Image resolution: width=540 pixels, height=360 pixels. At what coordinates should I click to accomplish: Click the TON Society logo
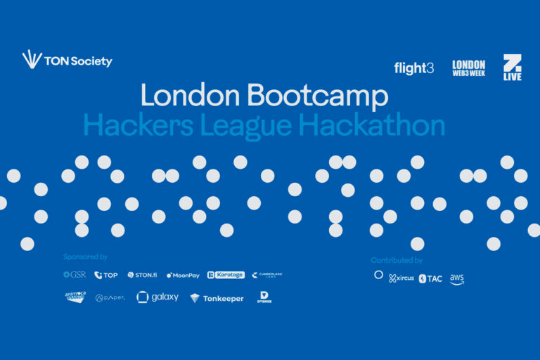[x=67, y=60]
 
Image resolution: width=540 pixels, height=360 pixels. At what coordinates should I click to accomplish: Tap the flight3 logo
[x=414, y=68]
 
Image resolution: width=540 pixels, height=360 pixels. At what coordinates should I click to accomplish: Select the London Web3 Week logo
[x=468, y=68]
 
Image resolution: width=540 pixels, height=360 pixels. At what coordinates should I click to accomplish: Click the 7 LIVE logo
[x=513, y=67]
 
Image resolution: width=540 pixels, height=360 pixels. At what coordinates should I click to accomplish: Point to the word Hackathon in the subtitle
[x=371, y=125]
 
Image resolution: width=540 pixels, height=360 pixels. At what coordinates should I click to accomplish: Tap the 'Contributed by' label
[x=397, y=260]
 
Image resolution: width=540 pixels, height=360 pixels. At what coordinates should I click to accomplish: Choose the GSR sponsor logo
[x=75, y=275]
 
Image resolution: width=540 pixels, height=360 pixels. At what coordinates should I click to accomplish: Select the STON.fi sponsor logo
[x=142, y=275]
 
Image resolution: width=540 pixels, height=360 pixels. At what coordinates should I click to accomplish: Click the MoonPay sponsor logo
[x=183, y=275]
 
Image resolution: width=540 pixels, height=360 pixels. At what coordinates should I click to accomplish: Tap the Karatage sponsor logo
[x=226, y=275]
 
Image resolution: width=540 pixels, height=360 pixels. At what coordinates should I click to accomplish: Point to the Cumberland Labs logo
[x=266, y=275]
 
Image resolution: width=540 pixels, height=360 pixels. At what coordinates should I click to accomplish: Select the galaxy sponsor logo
[x=157, y=297]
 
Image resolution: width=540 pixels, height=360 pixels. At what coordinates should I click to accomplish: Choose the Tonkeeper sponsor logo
[x=217, y=298]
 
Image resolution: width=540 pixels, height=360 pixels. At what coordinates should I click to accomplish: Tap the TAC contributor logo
[x=430, y=278]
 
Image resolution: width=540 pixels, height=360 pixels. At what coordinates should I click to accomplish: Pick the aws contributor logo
[x=457, y=278]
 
